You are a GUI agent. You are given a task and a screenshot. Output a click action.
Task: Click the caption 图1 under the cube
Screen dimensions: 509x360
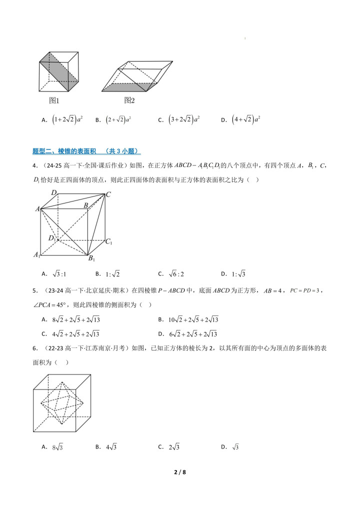54,100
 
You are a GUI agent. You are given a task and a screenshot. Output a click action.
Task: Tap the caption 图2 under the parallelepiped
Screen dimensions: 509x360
129,100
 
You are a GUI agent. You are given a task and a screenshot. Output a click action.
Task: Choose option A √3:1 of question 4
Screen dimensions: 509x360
54,273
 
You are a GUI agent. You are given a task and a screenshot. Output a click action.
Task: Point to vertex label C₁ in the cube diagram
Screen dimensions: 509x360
108,241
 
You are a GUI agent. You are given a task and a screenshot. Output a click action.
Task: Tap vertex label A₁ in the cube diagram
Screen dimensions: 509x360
36,255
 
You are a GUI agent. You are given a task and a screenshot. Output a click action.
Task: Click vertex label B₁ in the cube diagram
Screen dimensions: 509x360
91,258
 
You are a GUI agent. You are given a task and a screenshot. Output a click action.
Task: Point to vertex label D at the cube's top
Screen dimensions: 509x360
53,192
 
